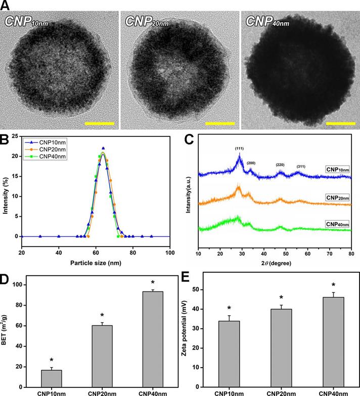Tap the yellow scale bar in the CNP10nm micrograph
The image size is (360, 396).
(x=100, y=123)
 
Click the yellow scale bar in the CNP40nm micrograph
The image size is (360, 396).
(x=341, y=123)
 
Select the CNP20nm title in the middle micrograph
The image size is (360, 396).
(x=147, y=22)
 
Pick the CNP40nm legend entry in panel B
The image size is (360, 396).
(x=50, y=156)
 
